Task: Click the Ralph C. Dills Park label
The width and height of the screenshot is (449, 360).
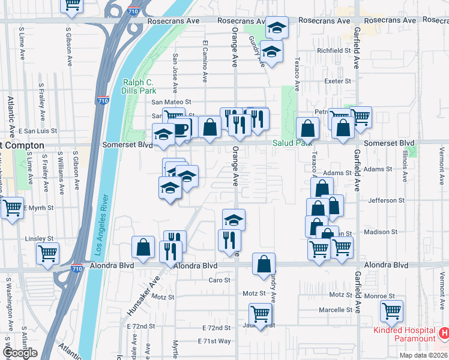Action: [139, 86]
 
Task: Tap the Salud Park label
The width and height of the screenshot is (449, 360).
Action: [290, 143]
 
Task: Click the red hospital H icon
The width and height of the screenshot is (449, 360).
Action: [444, 332]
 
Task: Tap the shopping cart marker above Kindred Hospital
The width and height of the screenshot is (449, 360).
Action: [391, 311]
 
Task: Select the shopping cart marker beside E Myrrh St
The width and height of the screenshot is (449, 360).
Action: [12, 208]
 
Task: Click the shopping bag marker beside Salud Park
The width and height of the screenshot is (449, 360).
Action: [307, 128]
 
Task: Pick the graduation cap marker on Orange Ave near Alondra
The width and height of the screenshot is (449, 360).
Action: [234, 220]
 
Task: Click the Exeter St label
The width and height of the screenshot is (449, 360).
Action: [339, 81]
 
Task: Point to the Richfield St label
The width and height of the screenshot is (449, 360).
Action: [334, 51]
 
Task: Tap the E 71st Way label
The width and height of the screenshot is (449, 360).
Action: [214, 341]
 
